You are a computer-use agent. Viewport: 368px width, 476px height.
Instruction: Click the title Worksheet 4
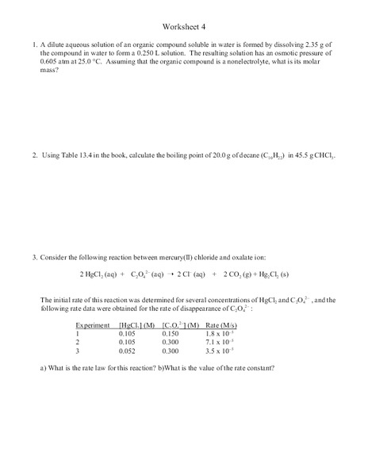(183, 24)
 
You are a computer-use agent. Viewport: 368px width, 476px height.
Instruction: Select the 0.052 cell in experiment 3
(128, 350)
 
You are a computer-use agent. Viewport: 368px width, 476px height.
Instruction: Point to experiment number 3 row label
(78, 350)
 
